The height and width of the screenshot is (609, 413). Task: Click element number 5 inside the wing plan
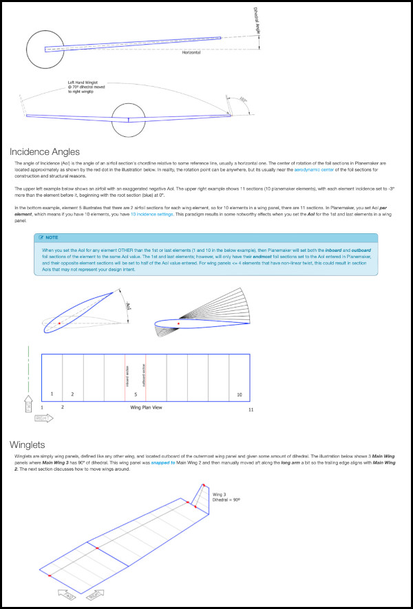(136, 394)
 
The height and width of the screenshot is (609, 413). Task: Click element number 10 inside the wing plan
(239, 394)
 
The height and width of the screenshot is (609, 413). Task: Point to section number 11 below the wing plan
(251, 409)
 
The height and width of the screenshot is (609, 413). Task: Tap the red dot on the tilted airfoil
(60, 322)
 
